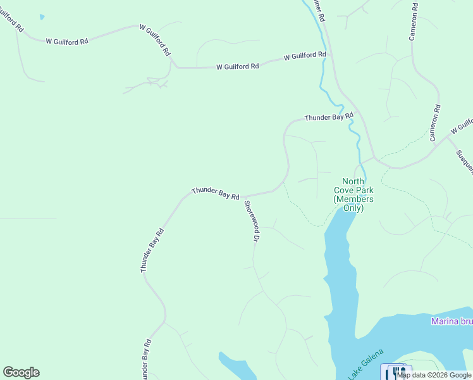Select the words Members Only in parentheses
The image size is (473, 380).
pos(353,203)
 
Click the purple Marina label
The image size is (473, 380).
pos(451,321)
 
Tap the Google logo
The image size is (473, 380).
pos(21,372)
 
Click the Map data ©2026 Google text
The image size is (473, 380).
pos(434,375)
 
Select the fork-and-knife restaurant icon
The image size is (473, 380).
pos(398,372)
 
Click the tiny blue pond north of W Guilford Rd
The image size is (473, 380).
pos(42,16)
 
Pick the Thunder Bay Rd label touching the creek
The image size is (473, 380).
pos(328,117)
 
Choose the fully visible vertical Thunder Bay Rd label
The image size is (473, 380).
pos(152,251)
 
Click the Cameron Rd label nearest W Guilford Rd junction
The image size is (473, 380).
pos(434,123)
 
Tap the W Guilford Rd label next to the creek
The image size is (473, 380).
pos(305,56)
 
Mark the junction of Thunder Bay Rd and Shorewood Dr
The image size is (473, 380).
pos(243,197)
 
